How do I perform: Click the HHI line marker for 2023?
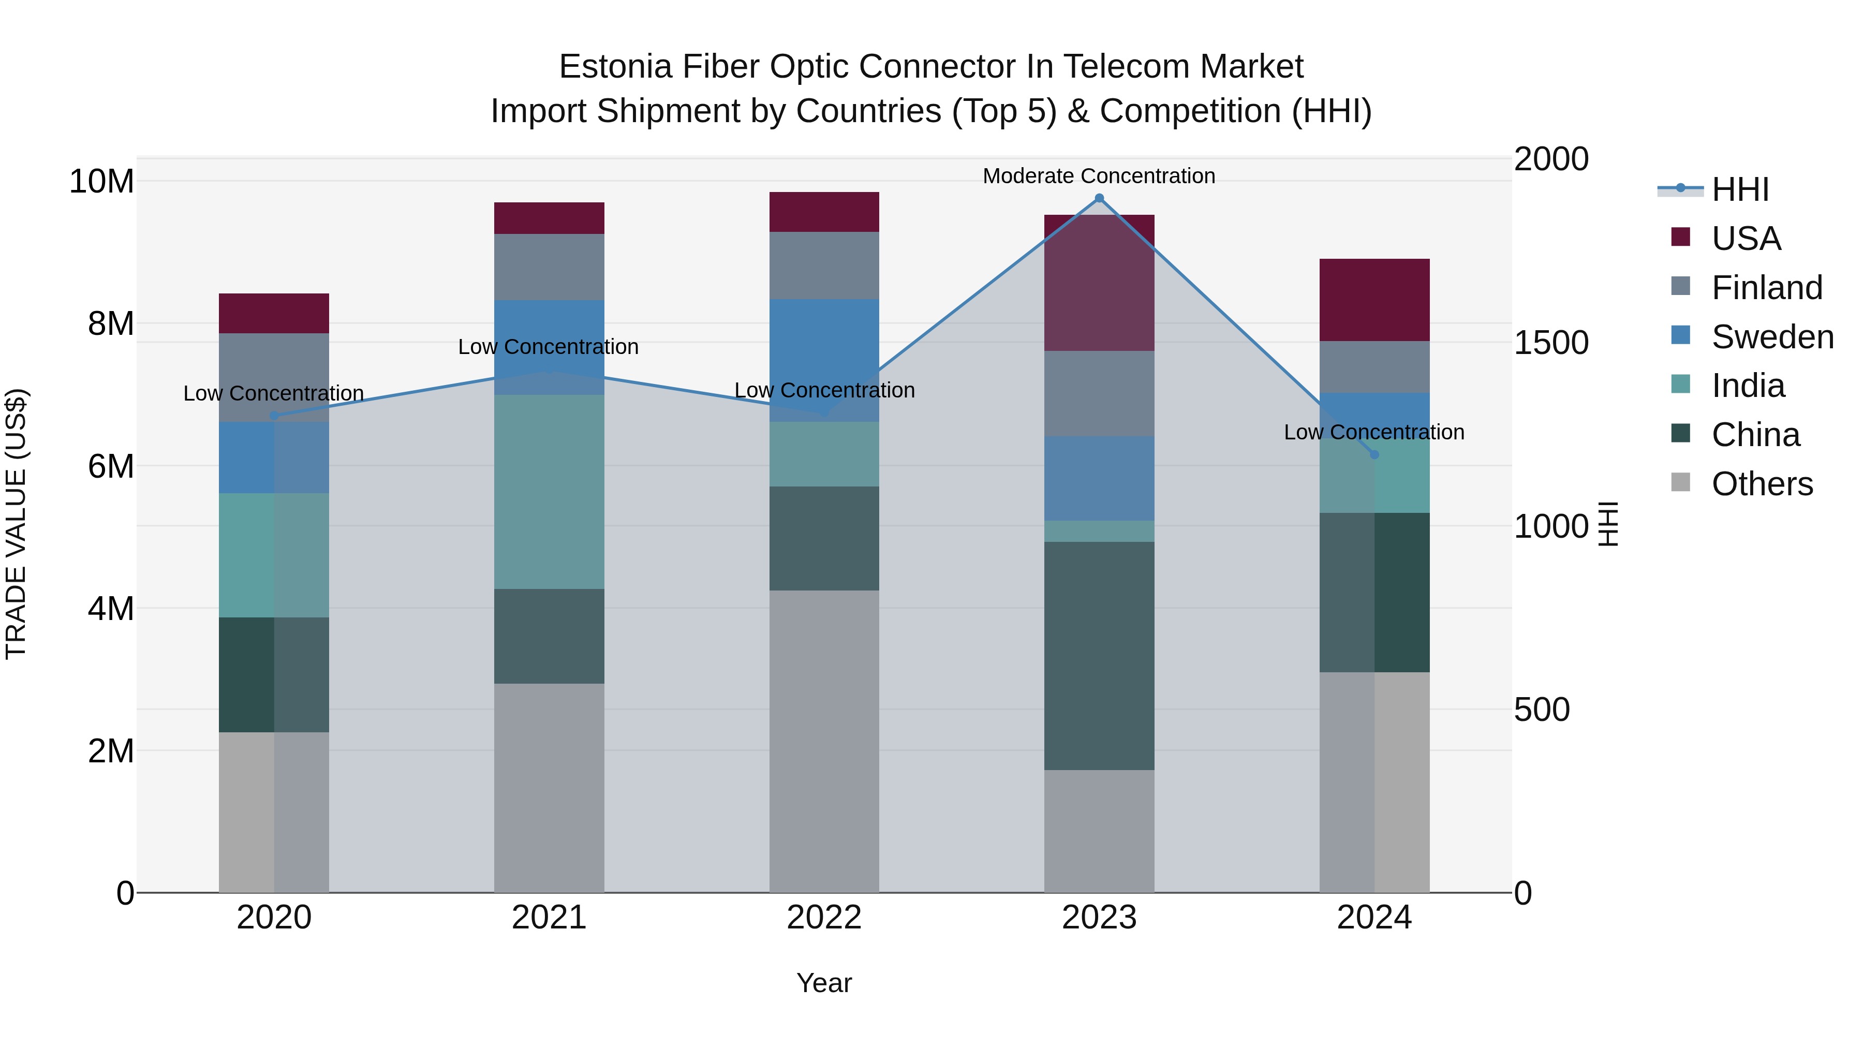coord(1099,198)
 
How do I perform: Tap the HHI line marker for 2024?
coord(1374,454)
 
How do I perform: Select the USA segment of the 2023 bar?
coord(1099,283)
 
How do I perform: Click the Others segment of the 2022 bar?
coord(824,741)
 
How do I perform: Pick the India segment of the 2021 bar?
coord(549,491)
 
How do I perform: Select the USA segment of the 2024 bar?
coord(1374,300)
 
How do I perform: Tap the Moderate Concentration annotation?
coord(1099,176)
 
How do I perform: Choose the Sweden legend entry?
coord(1772,337)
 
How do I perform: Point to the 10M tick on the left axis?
coord(101,181)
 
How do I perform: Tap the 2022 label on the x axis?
coord(824,918)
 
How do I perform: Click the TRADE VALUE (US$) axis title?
coord(16,524)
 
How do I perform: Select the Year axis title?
coord(824,983)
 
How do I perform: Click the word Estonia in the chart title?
coord(615,67)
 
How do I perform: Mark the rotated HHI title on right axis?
coord(1607,524)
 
